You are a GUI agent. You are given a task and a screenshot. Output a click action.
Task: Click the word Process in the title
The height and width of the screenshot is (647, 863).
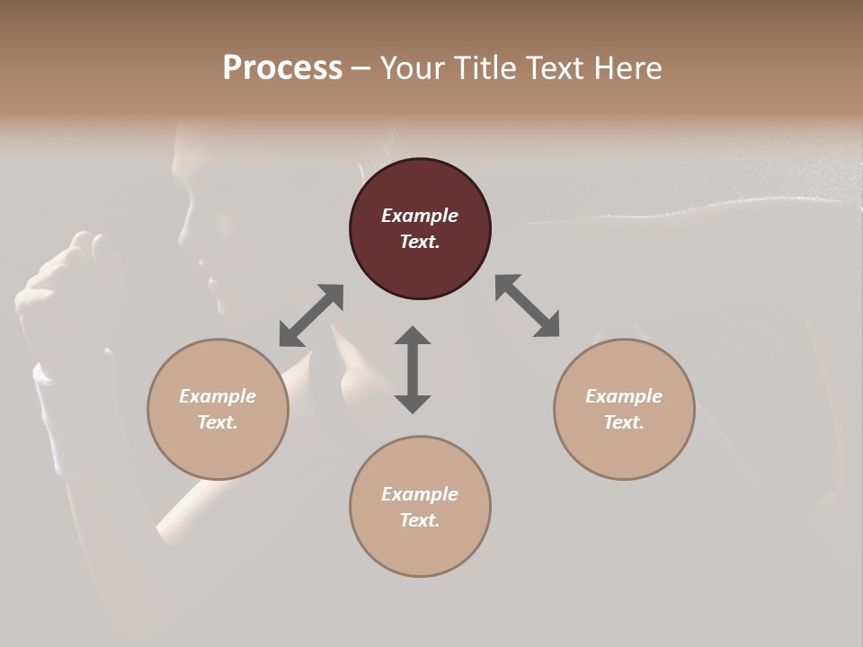point(282,68)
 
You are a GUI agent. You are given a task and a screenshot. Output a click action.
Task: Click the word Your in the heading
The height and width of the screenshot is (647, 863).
point(411,68)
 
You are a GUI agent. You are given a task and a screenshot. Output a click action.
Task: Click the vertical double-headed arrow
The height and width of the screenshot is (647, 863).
point(413,369)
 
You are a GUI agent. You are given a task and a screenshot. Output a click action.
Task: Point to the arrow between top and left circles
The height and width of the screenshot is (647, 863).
point(311,315)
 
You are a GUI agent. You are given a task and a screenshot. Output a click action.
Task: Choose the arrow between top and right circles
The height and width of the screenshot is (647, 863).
point(527,306)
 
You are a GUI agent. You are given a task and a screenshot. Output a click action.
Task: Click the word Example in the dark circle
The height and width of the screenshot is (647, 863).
point(420,216)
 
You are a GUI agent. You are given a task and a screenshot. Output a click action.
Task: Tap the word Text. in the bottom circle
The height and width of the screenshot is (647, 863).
point(420,520)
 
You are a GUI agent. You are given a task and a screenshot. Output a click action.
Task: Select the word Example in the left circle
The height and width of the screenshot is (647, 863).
point(218,396)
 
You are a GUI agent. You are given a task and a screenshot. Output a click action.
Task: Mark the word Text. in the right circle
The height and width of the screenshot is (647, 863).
point(624,422)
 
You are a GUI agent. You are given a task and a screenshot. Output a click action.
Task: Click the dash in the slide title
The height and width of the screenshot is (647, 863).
point(361,68)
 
